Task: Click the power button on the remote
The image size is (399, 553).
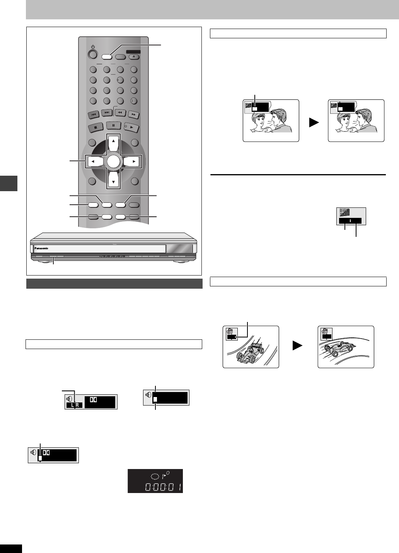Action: [x=92, y=53]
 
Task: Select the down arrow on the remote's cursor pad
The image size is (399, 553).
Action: [x=114, y=179]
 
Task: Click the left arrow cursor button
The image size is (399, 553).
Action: [x=95, y=161]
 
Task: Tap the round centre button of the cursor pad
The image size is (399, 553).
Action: [x=114, y=161]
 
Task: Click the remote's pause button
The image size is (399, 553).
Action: [x=114, y=126]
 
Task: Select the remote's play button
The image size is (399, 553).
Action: [x=131, y=127]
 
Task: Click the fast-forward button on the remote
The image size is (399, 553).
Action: [x=134, y=114]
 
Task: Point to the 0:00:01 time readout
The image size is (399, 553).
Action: [x=163, y=486]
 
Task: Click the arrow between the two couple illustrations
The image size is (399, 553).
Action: [x=314, y=123]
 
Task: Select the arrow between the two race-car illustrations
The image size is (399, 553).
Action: [x=297, y=345]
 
